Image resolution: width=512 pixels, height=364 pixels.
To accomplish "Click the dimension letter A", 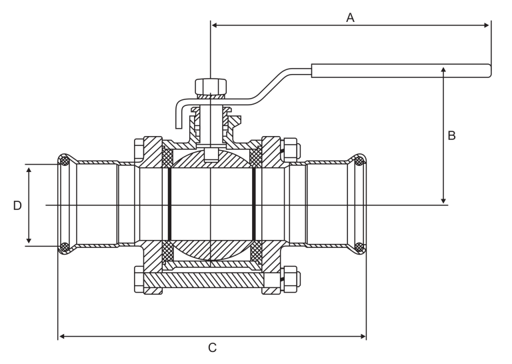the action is point(350,17).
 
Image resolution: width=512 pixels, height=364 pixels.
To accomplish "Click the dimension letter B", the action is point(451,135).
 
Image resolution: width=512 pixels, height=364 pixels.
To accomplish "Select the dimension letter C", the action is point(212,348).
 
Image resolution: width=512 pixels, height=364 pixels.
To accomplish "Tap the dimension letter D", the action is point(17,205).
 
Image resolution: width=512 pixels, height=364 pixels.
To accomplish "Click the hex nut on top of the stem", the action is point(211,87).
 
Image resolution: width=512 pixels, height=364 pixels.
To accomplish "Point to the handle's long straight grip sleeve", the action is point(401,71).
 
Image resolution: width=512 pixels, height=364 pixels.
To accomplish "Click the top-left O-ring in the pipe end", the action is point(64,161).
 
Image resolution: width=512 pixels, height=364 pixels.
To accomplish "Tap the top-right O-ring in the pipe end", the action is point(359,161).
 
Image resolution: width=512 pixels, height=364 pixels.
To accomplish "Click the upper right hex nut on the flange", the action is point(291,149).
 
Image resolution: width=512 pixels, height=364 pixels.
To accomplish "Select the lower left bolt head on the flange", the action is point(139,279).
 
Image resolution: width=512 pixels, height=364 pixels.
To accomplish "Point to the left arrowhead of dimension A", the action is point(214,25).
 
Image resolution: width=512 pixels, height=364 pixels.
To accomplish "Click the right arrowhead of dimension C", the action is point(363,336).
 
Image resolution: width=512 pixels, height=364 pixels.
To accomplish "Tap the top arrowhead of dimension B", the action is point(443,70).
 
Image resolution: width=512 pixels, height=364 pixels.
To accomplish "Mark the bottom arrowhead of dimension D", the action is point(29,240).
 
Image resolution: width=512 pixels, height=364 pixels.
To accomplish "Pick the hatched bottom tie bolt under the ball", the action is point(204,280).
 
